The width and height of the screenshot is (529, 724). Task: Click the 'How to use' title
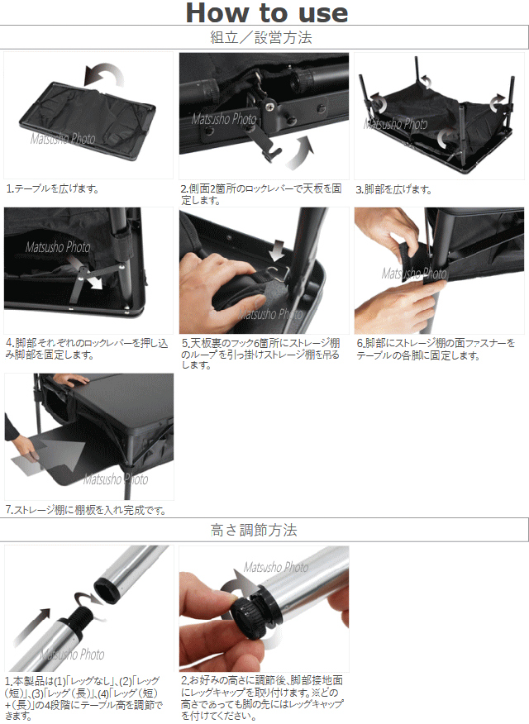click(x=267, y=12)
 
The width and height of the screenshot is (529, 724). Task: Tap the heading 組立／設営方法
click(x=261, y=37)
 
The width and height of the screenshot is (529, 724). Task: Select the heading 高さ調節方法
click(x=254, y=530)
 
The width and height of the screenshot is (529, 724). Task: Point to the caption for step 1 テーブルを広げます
click(x=53, y=188)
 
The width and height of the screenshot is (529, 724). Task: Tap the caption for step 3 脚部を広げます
click(x=393, y=189)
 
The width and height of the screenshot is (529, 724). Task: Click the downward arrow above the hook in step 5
click(x=278, y=250)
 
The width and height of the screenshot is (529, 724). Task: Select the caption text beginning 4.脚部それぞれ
click(x=87, y=349)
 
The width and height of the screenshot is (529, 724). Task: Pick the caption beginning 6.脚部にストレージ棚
click(x=436, y=349)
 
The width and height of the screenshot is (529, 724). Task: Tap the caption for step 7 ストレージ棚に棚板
click(x=86, y=510)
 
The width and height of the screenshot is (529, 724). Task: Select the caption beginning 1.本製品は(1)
click(x=84, y=698)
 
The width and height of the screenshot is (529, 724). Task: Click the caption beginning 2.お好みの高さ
click(x=262, y=698)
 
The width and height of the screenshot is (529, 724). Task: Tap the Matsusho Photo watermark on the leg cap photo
click(x=276, y=567)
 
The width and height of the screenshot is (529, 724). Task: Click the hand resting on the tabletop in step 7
click(x=70, y=379)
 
